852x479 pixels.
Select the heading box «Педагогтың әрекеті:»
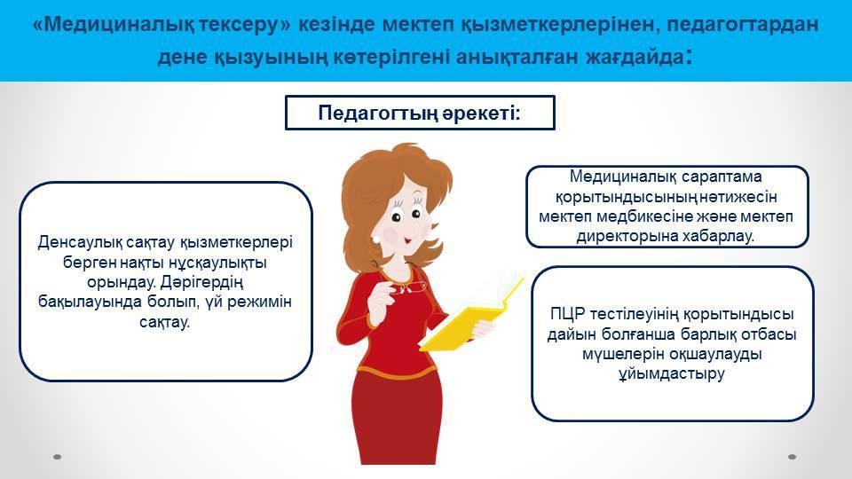click(x=420, y=113)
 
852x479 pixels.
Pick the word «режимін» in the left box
click(x=260, y=302)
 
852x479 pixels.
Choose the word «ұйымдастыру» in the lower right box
click(x=672, y=373)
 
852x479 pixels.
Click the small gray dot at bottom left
click(x=57, y=457)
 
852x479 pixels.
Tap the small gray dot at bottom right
click(x=792, y=457)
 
